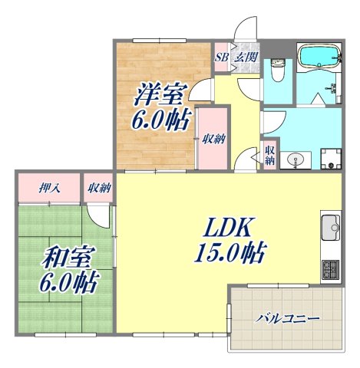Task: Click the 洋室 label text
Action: click(160, 94)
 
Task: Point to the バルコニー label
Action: click(288, 317)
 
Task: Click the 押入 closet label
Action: click(50, 186)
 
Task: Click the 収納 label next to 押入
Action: click(100, 186)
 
